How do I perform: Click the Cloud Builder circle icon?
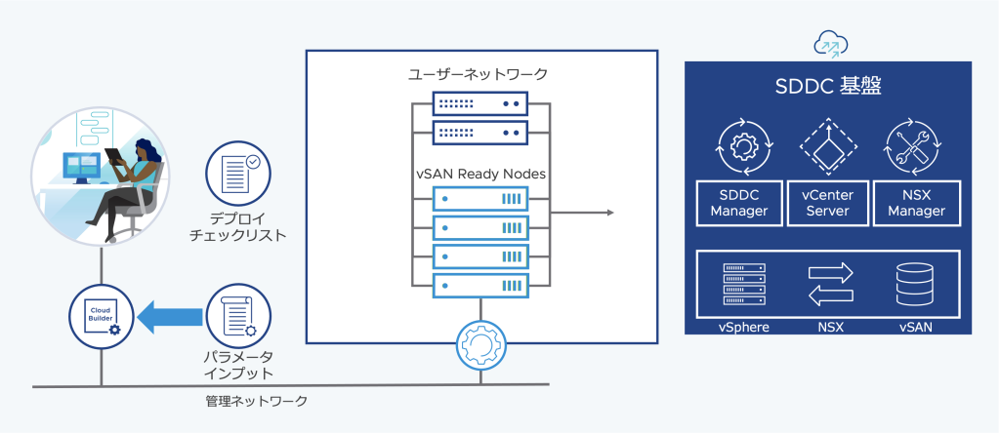101,315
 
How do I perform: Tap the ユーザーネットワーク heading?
479,74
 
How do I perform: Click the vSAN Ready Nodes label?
479,174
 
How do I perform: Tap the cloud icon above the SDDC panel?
830,44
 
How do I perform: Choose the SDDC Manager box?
739,202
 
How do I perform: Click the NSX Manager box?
917,202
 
